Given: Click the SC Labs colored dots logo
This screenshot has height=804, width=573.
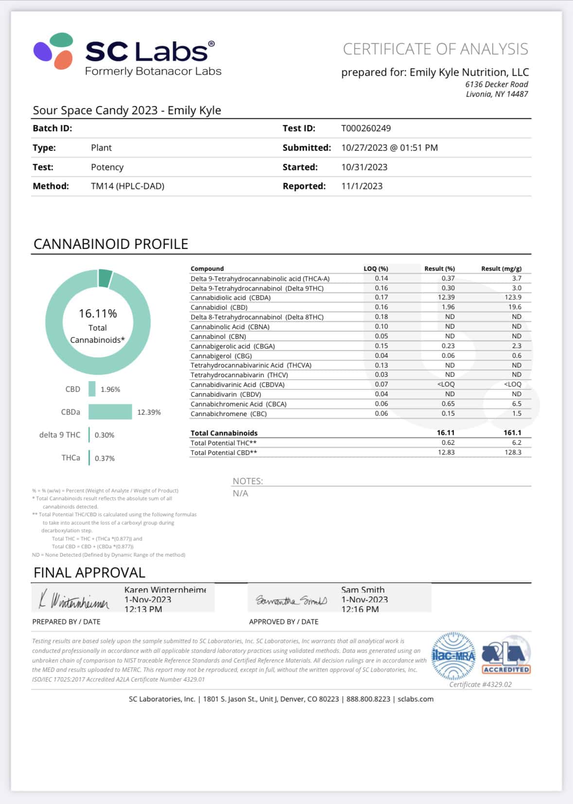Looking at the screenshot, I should click(x=53, y=51).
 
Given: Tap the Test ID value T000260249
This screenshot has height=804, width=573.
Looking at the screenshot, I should click(x=366, y=128).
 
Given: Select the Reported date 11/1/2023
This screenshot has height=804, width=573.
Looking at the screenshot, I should click(x=362, y=186).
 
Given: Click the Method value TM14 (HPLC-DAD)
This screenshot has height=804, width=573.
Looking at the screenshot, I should click(x=127, y=186).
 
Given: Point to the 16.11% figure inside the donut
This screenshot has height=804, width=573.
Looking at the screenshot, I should click(x=98, y=314).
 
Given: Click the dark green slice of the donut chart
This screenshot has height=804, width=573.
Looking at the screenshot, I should click(x=105, y=278).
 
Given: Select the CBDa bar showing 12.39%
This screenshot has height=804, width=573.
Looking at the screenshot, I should click(x=110, y=412).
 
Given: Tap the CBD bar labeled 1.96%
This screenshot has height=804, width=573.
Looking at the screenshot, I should click(x=92, y=389).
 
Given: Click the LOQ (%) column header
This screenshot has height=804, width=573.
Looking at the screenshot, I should click(x=376, y=269).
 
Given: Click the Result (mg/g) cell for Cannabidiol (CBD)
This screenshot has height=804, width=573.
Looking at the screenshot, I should click(x=515, y=307).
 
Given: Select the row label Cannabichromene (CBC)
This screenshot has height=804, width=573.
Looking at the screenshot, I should click(x=228, y=414).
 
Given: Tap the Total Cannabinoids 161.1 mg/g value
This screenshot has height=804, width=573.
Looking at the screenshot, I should click(x=512, y=433).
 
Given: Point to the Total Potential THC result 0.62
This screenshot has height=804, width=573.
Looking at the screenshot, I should click(x=448, y=443).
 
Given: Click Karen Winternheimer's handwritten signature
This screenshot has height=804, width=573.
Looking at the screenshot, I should click(x=74, y=601).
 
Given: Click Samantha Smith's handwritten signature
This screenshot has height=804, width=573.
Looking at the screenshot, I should click(x=291, y=601).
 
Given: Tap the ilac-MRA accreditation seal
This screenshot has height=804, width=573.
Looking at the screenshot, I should click(x=453, y=656).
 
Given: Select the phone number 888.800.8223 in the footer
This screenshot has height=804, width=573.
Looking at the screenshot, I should click(x=368, y=699).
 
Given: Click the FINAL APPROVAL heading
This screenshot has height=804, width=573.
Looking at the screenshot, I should click(x=89, y=573).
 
